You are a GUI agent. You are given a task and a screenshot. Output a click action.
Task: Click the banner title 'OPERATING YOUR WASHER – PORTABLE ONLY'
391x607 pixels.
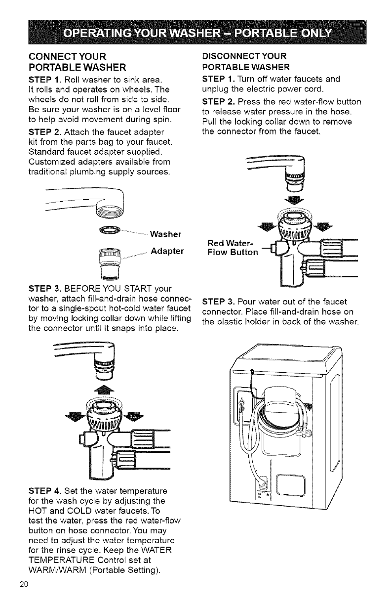point(195,36)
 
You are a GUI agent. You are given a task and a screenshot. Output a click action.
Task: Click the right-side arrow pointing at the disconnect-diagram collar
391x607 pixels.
point(324,227)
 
